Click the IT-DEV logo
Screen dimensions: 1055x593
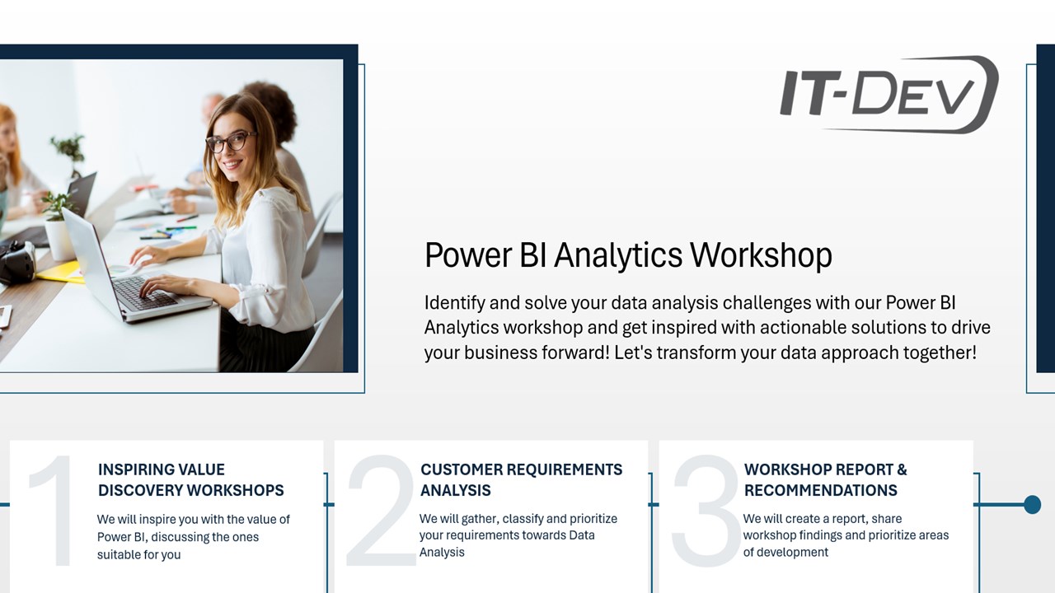point(889,94)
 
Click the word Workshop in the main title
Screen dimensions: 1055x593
point(761,256)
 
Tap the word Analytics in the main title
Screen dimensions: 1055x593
point(618,256)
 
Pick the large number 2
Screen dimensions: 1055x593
point(381,510)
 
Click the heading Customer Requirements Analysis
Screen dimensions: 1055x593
point(522,479)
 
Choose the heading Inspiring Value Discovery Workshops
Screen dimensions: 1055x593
point(190,479)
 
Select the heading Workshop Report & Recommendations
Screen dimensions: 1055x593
point(826,479)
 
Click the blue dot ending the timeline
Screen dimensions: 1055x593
point(1033,505)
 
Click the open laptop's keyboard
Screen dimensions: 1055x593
point(143,292)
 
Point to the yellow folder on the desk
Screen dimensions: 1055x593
point(62,273)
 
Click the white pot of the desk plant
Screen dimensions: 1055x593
point(59,240)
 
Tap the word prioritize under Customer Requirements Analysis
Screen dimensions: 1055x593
point(593,519)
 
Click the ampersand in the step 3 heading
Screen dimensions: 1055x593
point(902,469)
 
